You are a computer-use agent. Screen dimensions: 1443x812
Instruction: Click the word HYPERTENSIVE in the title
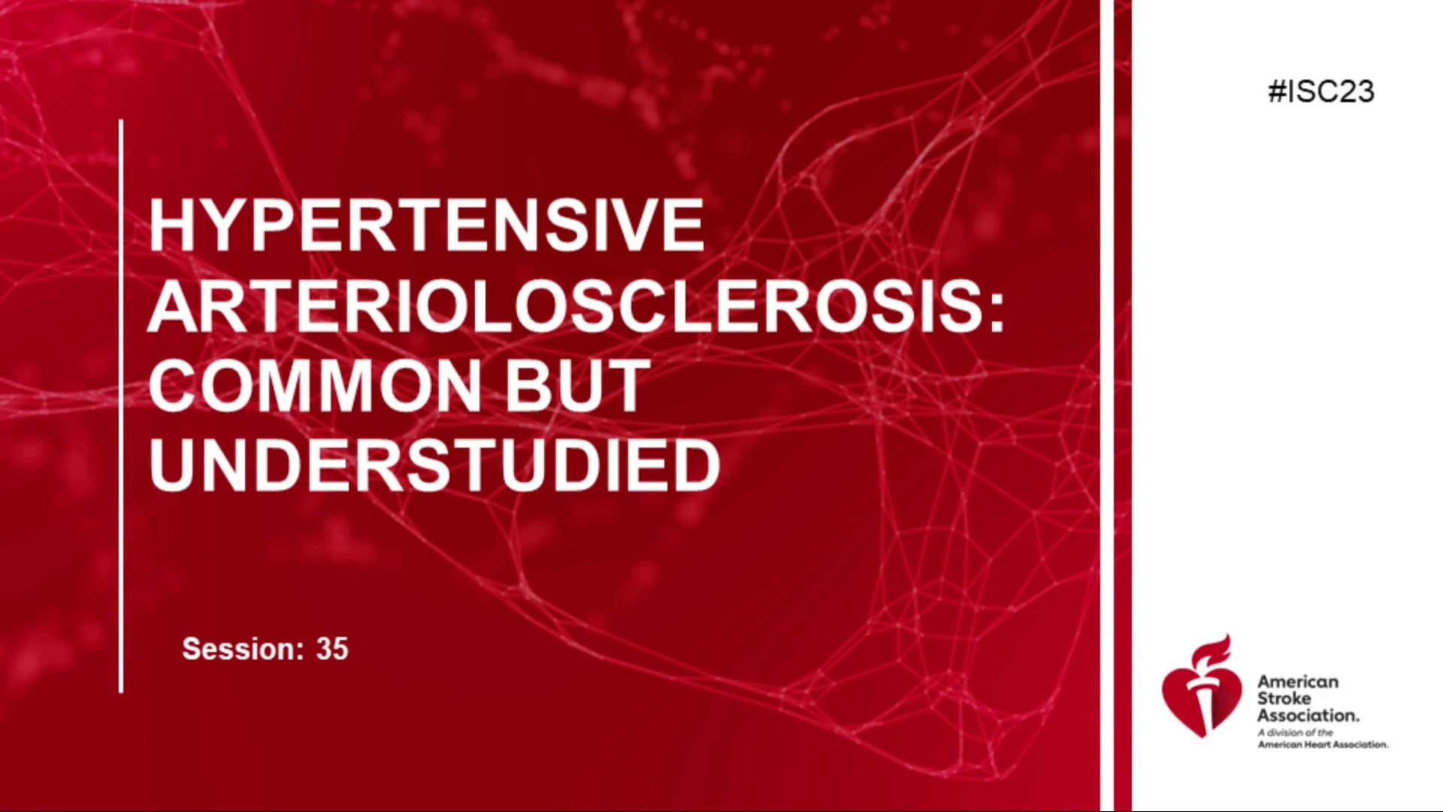(x=426, y=224)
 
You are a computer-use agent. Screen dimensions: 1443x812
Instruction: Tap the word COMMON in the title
(x=315, y=386)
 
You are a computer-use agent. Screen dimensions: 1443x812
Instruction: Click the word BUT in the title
(x=576, y=386)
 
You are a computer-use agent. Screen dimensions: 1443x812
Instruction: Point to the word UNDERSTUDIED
(x=435, y=466)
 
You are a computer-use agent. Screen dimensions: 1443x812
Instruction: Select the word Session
(x=243, y=649)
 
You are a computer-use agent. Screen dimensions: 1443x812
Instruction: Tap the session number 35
(x=332, y=649)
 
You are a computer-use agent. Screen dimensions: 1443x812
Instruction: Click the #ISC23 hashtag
(x=1321, y=92)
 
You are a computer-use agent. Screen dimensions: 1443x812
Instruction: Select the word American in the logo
(x=1298, y=681)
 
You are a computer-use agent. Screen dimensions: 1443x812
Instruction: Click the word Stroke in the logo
(x=1284, y=698)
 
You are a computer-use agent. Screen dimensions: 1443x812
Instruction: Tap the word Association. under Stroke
(x=1308, y=715)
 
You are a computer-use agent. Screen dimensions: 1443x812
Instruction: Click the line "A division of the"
(x=1296, y=732)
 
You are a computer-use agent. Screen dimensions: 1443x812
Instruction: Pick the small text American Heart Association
(x=1324, y=744)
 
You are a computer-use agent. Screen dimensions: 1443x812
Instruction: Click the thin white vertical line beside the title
(x=121, y=406)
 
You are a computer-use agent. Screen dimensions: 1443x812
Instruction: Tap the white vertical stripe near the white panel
(x=1107, y=406)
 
